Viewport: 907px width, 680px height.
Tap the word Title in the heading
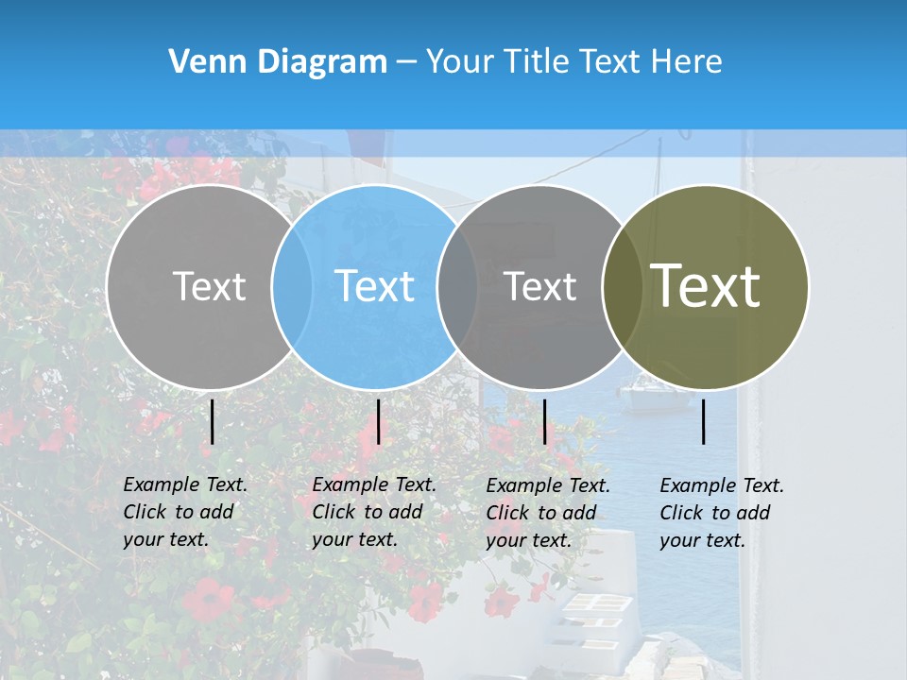click(535, 62)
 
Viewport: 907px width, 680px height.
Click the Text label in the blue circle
click(374, 286)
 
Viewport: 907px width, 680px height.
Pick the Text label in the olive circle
click(706, 286)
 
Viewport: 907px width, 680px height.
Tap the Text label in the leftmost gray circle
click(209, 286)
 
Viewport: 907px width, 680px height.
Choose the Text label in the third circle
click(540, 286)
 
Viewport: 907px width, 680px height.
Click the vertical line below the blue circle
click(378, 421)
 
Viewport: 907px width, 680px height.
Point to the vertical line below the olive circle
click(704, 421)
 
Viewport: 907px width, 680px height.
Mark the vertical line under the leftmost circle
click(213, 421)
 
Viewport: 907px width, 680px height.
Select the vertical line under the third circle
click(545, 421)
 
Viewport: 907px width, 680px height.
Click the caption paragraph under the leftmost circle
click(185, 512)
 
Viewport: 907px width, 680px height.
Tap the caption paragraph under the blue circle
click(374, 512)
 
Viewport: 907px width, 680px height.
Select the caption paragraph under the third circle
click(548, 513)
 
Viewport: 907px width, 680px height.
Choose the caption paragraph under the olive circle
click(722, 513)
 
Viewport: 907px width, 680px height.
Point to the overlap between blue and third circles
click(458, 286)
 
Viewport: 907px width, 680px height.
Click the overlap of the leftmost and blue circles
click(292, 286)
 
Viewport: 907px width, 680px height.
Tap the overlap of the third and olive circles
click(623, 286)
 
